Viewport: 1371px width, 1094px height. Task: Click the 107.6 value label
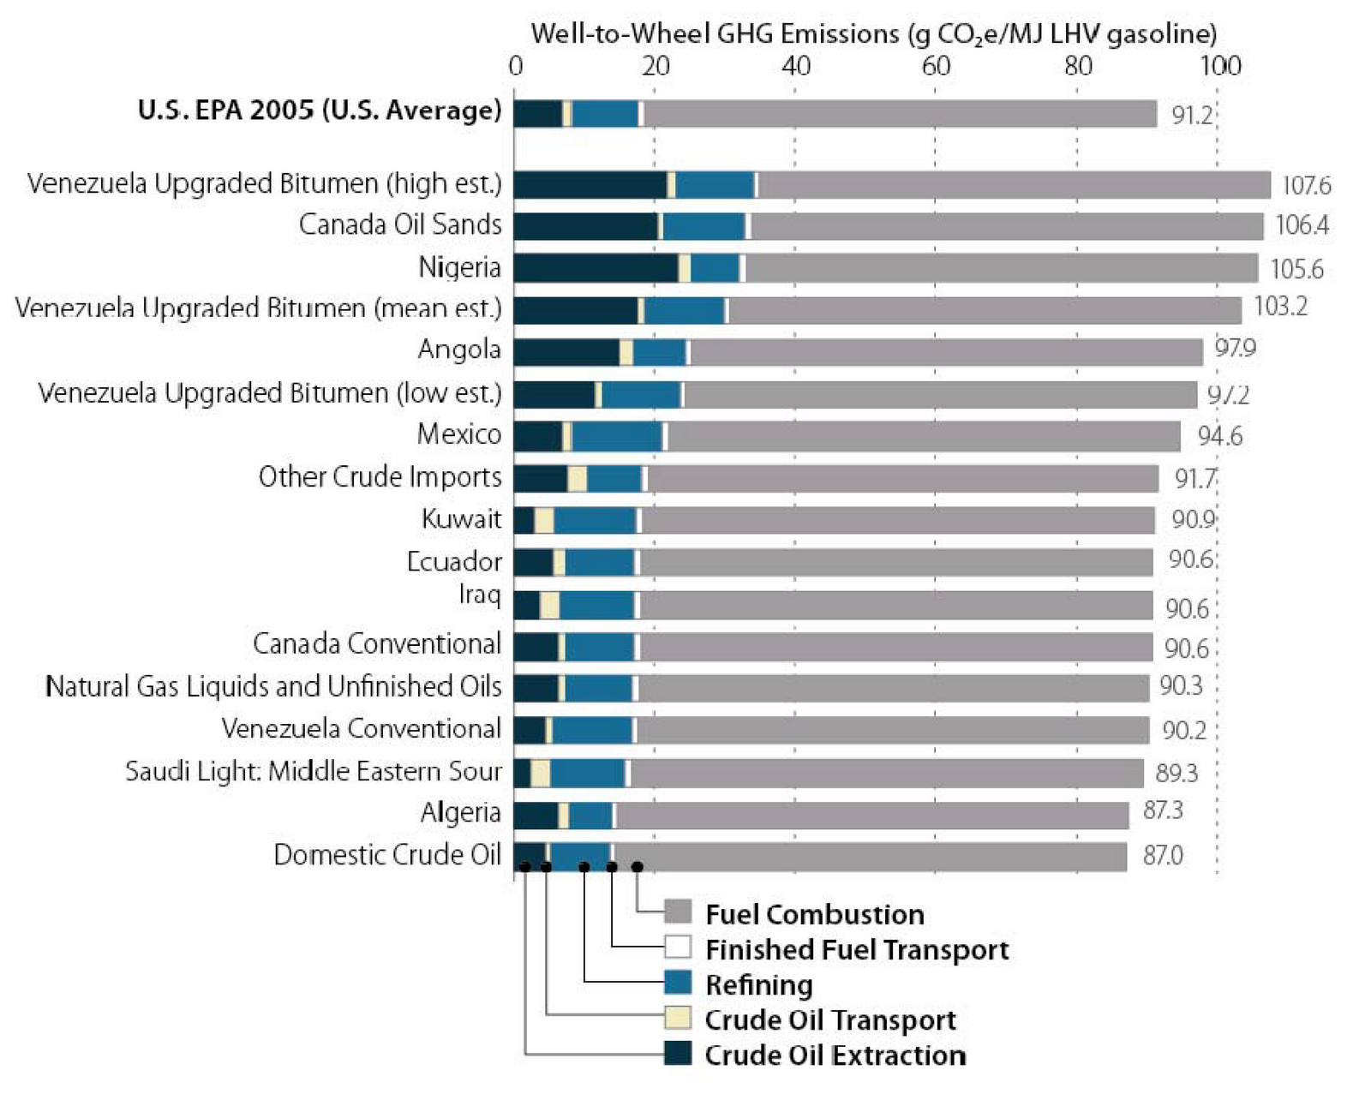(x=1306, y=185)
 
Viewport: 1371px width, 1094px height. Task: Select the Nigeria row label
(x=459, y=267)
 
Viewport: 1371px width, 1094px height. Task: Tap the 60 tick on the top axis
(x=936, y=65)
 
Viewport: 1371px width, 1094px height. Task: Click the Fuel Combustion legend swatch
(x=678, y=912)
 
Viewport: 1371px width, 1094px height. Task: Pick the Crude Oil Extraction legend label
(x=835, y=1055)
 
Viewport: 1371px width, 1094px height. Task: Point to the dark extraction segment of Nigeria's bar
(x=596, y=267)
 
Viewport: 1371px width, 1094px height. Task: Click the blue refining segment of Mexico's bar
(x=617, y=436)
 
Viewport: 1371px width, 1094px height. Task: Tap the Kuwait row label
(x=461, y=519)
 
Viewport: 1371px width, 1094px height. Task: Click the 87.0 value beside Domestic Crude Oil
(x=1163, y=855)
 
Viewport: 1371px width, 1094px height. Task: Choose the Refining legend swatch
(x=678, y=983)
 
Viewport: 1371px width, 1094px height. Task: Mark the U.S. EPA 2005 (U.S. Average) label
(x=320, y=111)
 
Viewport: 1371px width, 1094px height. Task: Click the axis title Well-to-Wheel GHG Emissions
(x=873, y=33)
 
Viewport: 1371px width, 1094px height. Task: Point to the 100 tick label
(x=1219, y=65)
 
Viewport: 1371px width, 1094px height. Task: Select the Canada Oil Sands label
(x=400, y=224)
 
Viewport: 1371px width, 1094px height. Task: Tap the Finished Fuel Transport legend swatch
(x=678, y=948)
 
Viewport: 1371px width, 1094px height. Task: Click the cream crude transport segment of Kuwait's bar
(x=544, y=520)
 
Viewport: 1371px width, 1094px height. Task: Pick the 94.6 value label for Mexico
(x=1219, y=436)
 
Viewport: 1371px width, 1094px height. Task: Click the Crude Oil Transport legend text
(x=829, y=1019)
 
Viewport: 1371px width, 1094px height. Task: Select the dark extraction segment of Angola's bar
(x=566, y=352)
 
